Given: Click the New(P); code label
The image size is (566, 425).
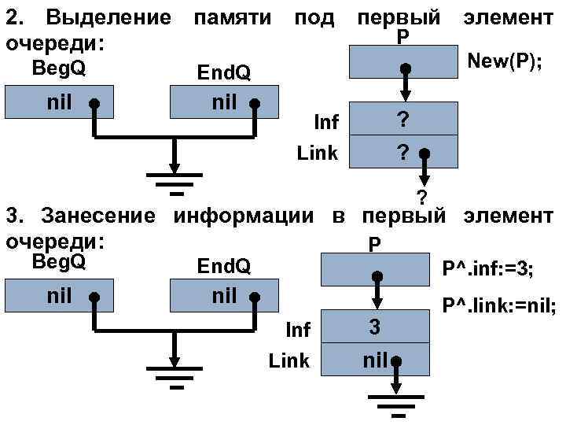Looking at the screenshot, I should [x=504, y=61].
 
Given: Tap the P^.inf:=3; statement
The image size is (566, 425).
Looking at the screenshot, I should [x=488, y=270].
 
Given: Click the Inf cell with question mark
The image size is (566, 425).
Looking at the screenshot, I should [x=403, y=120].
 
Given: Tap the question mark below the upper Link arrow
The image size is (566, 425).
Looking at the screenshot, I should [x=421, y=196].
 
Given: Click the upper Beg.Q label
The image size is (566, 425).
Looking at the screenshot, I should [x=59, y=68].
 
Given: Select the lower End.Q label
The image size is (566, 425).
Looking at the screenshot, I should [x=224, y=268].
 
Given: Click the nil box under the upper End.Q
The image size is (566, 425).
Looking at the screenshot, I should [x=224, y=102].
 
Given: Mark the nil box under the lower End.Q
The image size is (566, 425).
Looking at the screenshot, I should [x=224, y=298].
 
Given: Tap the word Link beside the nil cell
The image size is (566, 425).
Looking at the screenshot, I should [x=289, y=361].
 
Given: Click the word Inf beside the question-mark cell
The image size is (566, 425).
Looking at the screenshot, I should [x=325, y=122].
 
